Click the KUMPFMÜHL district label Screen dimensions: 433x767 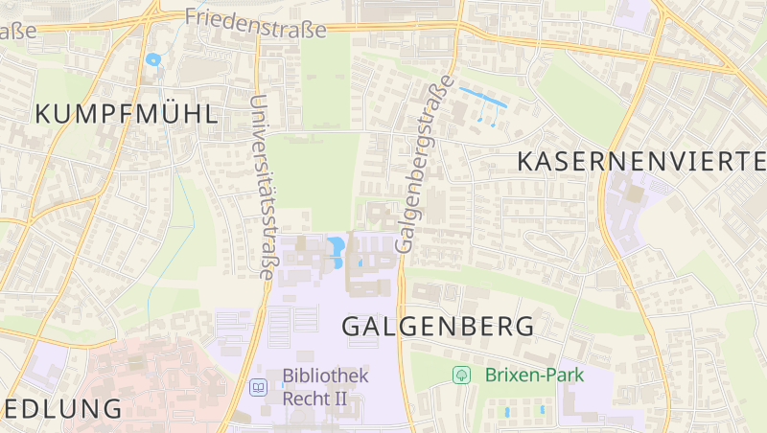(127, 114)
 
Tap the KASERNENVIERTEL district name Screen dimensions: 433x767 (641, 161)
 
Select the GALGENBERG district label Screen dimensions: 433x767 (438, 326)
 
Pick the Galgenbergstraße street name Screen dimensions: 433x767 (421, 165)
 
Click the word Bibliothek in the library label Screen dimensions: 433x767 (325, 376)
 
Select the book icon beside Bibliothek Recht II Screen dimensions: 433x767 (258, 387)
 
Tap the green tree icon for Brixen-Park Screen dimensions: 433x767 (461, 375)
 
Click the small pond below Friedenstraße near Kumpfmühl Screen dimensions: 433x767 (152, 59)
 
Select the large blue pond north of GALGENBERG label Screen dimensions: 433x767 (337, 251)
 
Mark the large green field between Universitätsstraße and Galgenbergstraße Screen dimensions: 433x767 (312, 172)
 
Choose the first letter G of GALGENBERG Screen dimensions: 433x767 (352, 326)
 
